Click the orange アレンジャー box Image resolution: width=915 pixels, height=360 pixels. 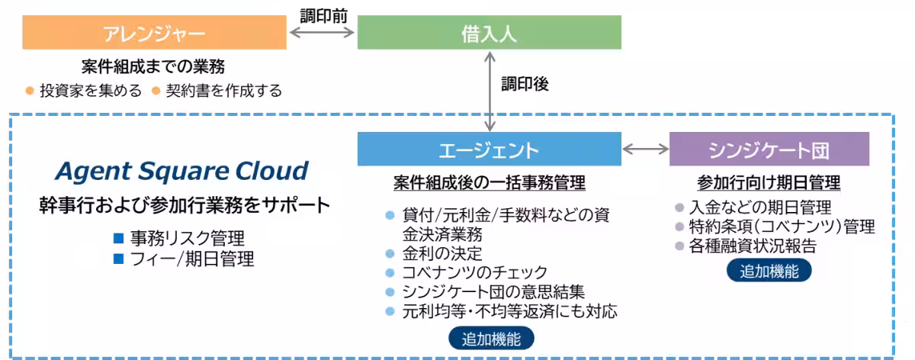(x=154, y=33)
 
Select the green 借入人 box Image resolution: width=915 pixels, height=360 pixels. (x=489, y=33)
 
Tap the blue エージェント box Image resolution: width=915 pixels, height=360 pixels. (x=489, y=149)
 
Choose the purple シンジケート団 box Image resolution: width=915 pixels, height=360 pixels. (x=769, y=149)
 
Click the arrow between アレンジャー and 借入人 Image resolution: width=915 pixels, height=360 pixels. (x=322, y=33)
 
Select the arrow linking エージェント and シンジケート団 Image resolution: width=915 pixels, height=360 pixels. (x=645, y=149)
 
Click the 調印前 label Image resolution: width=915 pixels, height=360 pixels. (x=322, y=14)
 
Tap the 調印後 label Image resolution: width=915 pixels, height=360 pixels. (x=525, y=84)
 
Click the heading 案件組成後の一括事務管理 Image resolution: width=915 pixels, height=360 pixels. (x=489, y=183)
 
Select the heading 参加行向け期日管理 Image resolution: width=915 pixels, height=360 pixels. (x=769, y=183)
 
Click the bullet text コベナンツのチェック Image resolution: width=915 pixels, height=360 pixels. (x=475, y=272)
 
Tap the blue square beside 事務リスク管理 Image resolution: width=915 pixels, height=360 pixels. (x=118, y=238)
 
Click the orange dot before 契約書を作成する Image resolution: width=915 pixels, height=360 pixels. (x=156, y=91)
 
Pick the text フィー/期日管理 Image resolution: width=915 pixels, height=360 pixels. (x=192, y=259)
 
